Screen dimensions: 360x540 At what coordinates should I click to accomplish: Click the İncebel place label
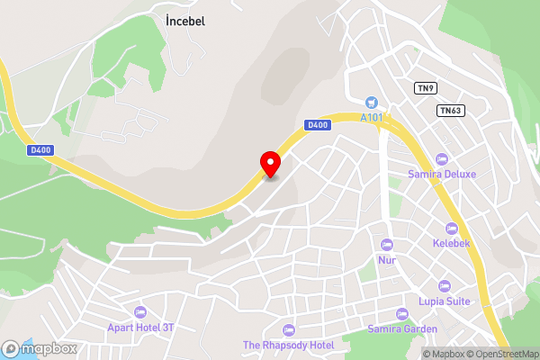click(186, 21)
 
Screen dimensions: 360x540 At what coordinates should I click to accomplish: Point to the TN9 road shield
click(425, 88)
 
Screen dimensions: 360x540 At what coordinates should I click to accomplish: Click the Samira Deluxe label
click(441, 174)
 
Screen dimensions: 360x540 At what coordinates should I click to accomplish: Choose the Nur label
click(387, 260)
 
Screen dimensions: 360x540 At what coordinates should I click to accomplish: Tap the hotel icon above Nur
click(387, 245)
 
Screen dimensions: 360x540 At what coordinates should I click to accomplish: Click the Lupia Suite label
click(445, 301)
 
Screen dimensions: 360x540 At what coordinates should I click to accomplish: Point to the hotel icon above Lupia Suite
click(444, 286)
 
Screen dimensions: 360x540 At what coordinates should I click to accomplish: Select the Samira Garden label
click(402, 328)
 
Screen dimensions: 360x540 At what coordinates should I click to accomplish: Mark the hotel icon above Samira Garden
click(401, 314)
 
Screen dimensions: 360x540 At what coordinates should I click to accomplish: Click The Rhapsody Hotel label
click(289, 346)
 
